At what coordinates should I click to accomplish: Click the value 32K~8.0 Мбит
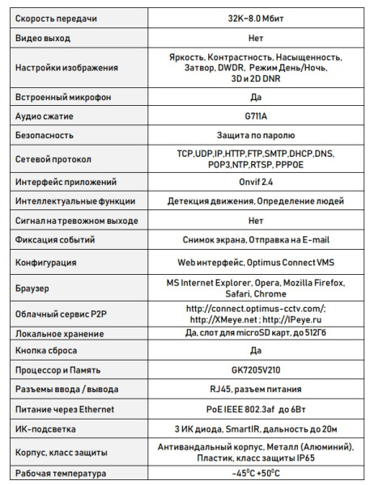tap(256, 17)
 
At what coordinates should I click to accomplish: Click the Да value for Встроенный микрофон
tap(256, 97)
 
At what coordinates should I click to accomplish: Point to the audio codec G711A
tap(256, 116)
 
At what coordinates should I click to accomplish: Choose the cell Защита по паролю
tap(256, 135)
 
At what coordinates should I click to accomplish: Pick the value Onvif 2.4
tap(256, 182)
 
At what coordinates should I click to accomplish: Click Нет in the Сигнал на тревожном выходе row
tap(256, 220)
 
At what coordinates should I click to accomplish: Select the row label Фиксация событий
tap(56, 240)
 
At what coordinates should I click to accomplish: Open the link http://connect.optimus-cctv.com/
tap(256, 308)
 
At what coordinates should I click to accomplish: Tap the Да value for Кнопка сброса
tap(256, 351)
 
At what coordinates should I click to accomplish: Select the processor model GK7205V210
tap(256, 370)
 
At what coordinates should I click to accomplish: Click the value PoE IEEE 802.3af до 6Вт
tap(256, 409)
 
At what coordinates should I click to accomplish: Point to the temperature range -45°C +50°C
tap(256, 474)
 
